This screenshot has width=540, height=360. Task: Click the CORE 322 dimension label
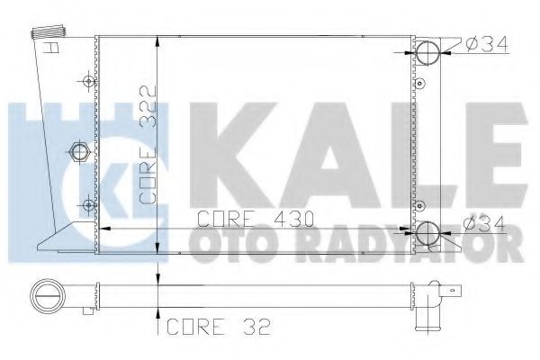(x=148, y=144)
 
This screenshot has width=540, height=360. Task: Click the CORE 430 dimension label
(x=256, y=219)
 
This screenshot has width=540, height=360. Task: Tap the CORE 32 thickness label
(x=219, y=326)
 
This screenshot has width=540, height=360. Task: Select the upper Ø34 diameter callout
(x=486, y=44)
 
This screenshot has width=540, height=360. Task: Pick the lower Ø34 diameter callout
(x=483, y=224)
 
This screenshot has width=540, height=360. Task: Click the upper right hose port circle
(x=428, y=53)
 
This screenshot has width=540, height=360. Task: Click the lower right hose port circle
(x=427, y=233)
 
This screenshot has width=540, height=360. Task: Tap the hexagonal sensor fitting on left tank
(x=79, y=151)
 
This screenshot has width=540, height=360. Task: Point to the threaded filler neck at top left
(x=49, y=31)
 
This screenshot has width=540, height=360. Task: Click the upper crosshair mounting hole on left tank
(x=89, y=82)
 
